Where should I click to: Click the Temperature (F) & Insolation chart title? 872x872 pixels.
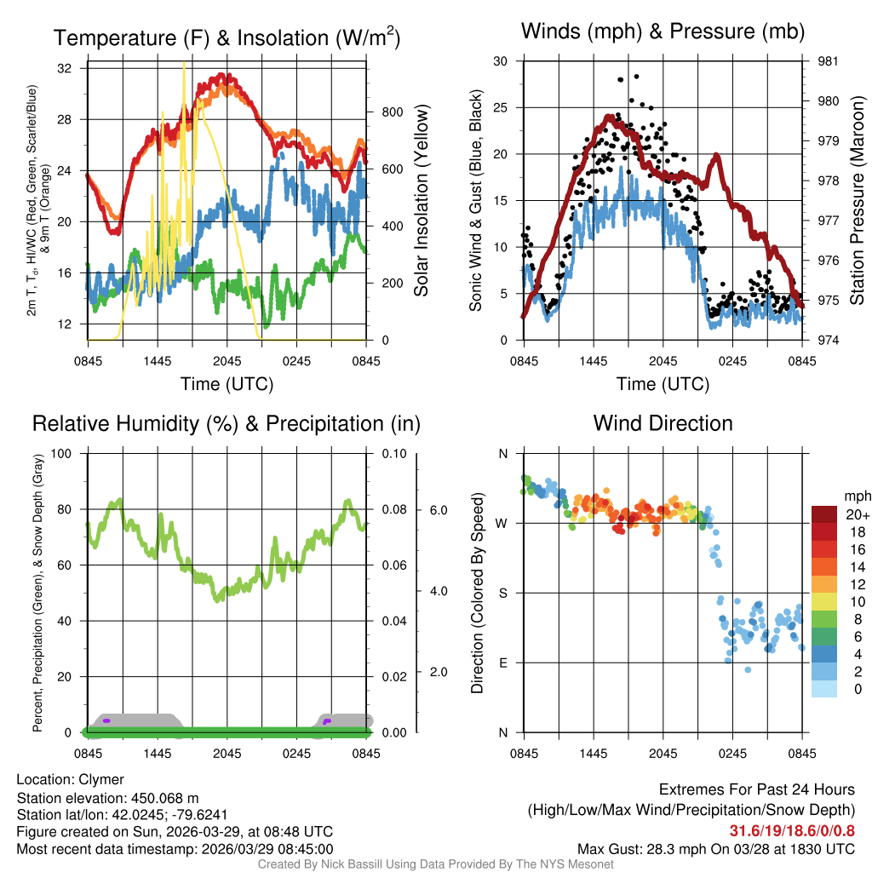227,37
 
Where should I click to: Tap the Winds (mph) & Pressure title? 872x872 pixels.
663,32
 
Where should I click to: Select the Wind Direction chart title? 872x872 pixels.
663,423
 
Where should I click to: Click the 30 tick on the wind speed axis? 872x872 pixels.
501,61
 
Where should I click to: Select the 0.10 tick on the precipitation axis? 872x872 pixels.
393,453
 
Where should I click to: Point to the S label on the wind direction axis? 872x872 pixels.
503,593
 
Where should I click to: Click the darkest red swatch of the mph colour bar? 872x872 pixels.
824,514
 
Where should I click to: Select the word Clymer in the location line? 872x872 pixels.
101,779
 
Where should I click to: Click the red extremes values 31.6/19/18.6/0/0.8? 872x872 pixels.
792,830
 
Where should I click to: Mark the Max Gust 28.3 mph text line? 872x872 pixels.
715,849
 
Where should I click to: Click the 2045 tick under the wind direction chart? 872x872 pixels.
663,754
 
